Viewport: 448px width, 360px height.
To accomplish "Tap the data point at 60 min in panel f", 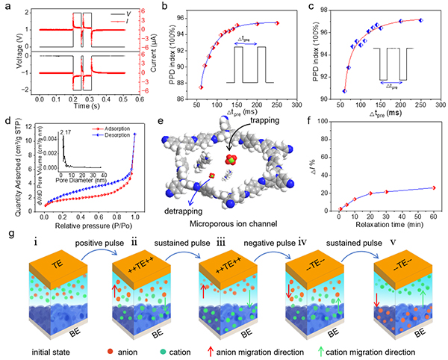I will tap(433, 188).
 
